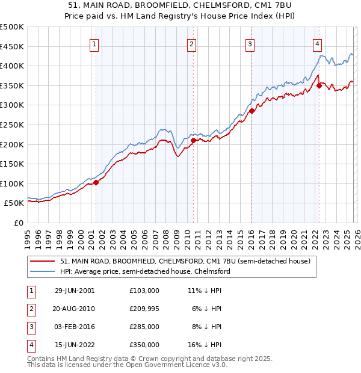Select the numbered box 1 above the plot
coord(95,43)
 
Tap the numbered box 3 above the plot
coord(250,43)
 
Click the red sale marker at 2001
coord(96,182)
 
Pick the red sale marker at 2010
coord(193,141)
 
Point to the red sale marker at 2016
coord(251,111)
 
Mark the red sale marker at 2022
coord(319,85)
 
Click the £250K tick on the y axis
coord(12,125)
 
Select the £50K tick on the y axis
coord(14,203)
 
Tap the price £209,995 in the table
coord(144,309)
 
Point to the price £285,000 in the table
coord(144,327)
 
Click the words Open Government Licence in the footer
coord(161,365)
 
